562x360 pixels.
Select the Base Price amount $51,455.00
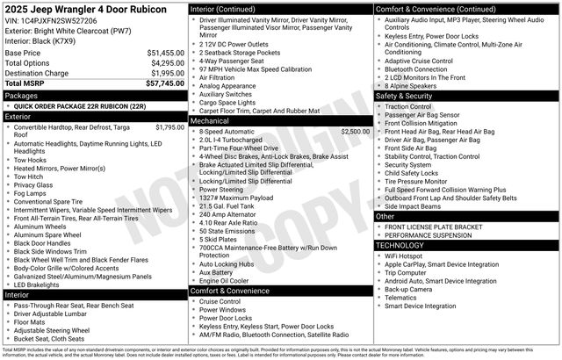(165, 54)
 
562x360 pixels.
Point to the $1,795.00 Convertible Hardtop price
(169, 127)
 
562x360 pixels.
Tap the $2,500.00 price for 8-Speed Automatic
(356, 131)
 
